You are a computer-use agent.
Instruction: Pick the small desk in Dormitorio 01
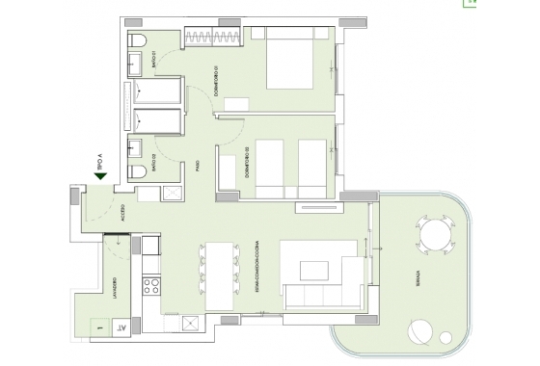point(236,104)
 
